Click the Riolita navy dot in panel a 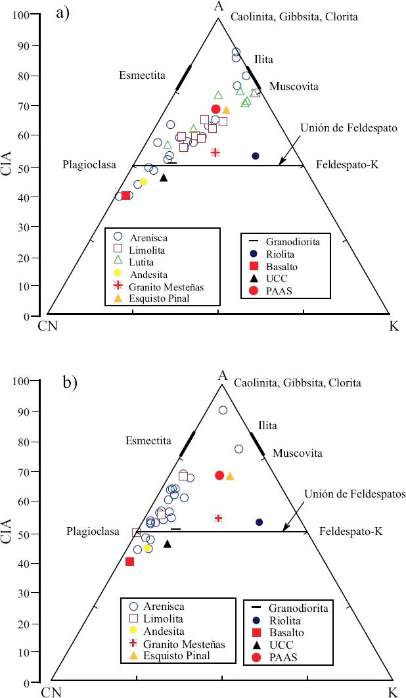pos(256,156)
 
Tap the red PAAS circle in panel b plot pos(219,475)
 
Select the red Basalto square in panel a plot pos(125,195)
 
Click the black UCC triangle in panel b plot pos(167,544)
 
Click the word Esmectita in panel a pos(141,75)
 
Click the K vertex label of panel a pos(394,325)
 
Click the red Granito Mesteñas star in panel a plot pos(215,152)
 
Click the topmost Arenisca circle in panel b pos(223,410)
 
